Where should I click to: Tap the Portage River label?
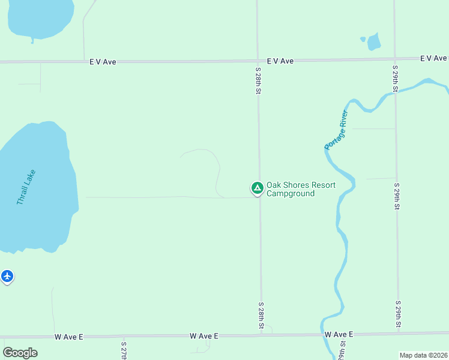pos(336,130)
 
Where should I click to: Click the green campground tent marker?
pos(257,188)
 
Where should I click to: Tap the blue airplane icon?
pos(7,277)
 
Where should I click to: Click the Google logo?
pos(20,353)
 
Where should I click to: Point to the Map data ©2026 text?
pos(423,355)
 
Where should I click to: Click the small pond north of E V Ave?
pos(374,42)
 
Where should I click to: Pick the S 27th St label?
pos(123,351)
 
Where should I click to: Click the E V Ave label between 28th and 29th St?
pos(280,61)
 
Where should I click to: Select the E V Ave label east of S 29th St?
pos(433,58)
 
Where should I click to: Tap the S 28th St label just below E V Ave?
pos(258,81)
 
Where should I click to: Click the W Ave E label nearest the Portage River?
pos(339,334)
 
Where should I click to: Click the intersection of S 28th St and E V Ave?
pos(258,61)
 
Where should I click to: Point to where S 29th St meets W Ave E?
pos(398,332)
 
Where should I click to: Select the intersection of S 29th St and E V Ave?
pos(394,59)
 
